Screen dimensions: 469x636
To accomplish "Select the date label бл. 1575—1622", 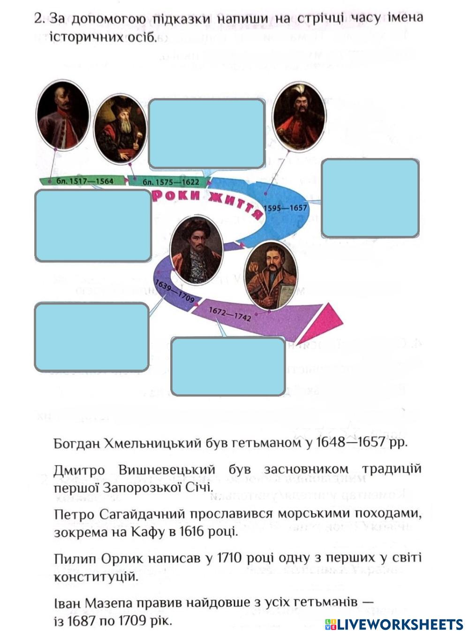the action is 171,182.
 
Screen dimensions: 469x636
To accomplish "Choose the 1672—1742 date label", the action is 230,314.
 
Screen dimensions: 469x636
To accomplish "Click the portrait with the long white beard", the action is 120,129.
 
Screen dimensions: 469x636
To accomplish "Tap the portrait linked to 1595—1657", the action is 299,116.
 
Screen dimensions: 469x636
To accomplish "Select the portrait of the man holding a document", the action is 271,275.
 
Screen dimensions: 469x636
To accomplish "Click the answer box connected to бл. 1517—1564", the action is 93,225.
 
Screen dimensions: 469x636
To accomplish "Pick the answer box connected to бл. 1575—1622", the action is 206,134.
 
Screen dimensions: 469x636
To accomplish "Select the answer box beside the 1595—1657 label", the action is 370,198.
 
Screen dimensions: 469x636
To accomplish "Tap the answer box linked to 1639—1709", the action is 91,337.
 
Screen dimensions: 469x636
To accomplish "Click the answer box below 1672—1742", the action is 228,366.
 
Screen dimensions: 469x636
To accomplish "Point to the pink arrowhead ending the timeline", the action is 324,323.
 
